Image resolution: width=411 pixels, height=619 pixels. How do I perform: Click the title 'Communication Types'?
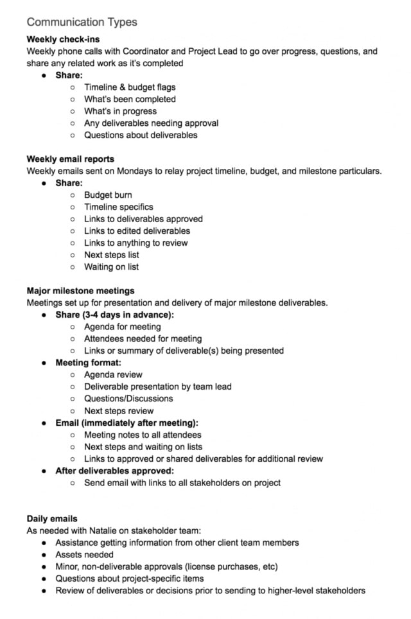[82, 22]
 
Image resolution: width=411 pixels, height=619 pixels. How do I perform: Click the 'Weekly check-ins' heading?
[63, 39]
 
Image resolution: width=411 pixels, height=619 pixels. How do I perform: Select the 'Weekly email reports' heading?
[71, 159]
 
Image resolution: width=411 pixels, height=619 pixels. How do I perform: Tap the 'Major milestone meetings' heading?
[80, 291]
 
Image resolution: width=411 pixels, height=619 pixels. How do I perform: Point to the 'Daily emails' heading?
[52, 518]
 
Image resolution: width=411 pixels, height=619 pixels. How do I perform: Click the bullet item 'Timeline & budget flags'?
[130, 87]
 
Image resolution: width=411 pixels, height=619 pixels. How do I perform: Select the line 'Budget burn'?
[108, 195]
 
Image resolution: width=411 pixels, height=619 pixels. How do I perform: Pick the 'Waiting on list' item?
[111, 267]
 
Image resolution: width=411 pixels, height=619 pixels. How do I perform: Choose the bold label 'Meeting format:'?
[88, 363]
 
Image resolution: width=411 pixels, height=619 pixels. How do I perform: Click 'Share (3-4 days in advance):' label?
[114, 315]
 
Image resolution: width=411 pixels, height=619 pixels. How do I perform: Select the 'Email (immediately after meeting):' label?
[127, 423]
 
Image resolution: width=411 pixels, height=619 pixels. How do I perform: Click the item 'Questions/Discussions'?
[128, 399]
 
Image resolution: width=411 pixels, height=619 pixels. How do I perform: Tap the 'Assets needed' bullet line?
[84, 555]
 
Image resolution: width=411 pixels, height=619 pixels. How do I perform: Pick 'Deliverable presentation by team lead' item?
[157, 387]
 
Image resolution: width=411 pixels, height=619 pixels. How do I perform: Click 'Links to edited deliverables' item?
[137, 231]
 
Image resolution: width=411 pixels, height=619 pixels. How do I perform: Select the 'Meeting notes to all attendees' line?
[143, 435]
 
